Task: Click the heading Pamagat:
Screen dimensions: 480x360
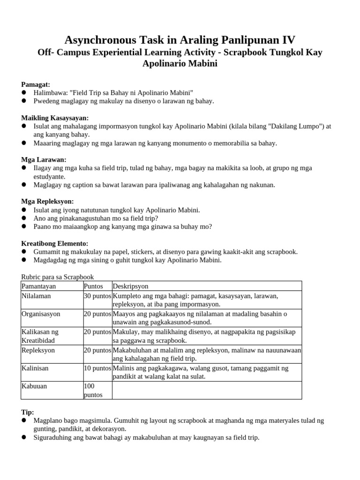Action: (x=36, y=84)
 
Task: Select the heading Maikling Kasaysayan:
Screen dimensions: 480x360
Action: (x=55, y=118)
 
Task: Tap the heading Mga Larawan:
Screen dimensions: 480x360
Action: (x=44, y=160)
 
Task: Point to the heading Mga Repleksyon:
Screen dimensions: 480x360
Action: (x=48, y=202)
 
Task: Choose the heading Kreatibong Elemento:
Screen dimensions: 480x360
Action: (x=54, y=244)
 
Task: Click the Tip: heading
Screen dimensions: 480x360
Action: (x=28, y=412)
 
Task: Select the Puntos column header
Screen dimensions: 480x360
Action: (x=93, y=286)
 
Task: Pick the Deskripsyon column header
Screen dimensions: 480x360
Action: (x=130, y=286)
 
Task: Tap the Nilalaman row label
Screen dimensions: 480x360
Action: (x=37, y=296)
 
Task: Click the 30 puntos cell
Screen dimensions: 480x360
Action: (x=97, y=296)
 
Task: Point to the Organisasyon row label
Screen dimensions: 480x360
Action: (x=41, y=314)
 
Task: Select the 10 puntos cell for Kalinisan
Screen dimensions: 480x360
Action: (x=97, y=368)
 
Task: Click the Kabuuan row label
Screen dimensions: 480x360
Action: (x=35, y=386)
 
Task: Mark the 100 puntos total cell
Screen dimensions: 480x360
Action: (x=93, y=390)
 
